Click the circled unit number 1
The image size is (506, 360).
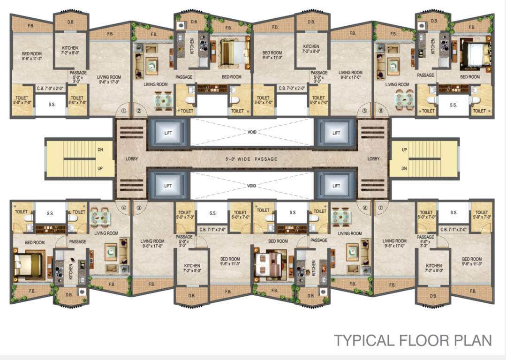(124, 112)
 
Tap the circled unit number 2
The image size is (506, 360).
(139, 112)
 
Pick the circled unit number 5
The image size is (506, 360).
(365, 112)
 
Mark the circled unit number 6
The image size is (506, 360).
(380, 112)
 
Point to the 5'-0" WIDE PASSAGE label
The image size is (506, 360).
(252, 159)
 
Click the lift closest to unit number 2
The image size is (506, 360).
(168, 133)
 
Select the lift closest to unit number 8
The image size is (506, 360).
(336, 186)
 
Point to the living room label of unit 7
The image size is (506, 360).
(394, 244)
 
